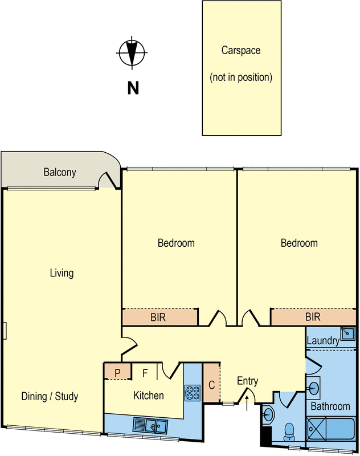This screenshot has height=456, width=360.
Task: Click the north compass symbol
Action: pos(132,53)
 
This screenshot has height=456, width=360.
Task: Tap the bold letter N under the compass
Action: pos(133,88)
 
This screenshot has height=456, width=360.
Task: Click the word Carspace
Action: pos(241,50)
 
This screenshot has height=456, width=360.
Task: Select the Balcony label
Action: pos(60,172)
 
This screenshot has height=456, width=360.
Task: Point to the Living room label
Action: pos(62,273)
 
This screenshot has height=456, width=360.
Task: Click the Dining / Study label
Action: pos(50,396)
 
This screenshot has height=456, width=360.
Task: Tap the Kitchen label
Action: pos(149,395)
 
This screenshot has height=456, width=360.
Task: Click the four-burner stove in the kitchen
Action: pos(193,393)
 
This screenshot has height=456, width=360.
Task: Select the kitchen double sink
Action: pos(150,426)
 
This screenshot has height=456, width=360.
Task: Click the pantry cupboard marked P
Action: pos(118,372)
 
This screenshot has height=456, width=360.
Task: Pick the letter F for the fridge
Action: pos(145,373)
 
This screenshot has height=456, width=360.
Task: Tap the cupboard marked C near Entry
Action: pos(211,382)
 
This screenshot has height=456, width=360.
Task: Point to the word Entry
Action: pos(248,381)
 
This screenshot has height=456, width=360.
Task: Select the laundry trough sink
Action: pos(347,333)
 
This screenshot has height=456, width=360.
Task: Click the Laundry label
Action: pos(323,340)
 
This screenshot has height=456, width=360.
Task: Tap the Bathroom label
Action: pos(330,406)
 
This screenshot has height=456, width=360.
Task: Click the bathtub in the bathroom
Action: pos(330,429)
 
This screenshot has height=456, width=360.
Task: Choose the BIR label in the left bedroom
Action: pos(158,317)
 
